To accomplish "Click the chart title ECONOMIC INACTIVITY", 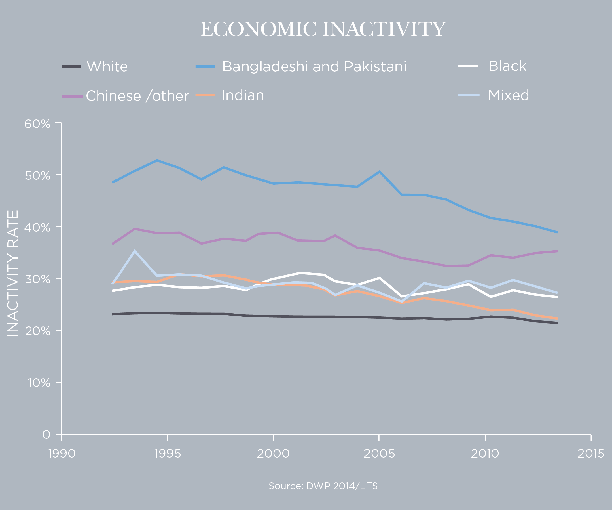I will coord(323,29).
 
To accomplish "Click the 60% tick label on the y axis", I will coord(37,124).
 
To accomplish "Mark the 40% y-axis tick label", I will coord(37,227).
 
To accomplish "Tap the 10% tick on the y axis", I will coord(39,383).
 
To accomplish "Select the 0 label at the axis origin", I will coord(46,435).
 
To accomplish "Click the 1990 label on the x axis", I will coord(62,454).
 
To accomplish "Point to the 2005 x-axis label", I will coord(379,454).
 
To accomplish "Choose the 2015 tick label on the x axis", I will coord(591,454).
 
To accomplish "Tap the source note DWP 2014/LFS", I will coord(323,486).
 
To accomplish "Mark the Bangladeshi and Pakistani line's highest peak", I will coord(157,161).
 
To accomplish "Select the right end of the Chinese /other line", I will coord(557,251).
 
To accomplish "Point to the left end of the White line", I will coord(113,314).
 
